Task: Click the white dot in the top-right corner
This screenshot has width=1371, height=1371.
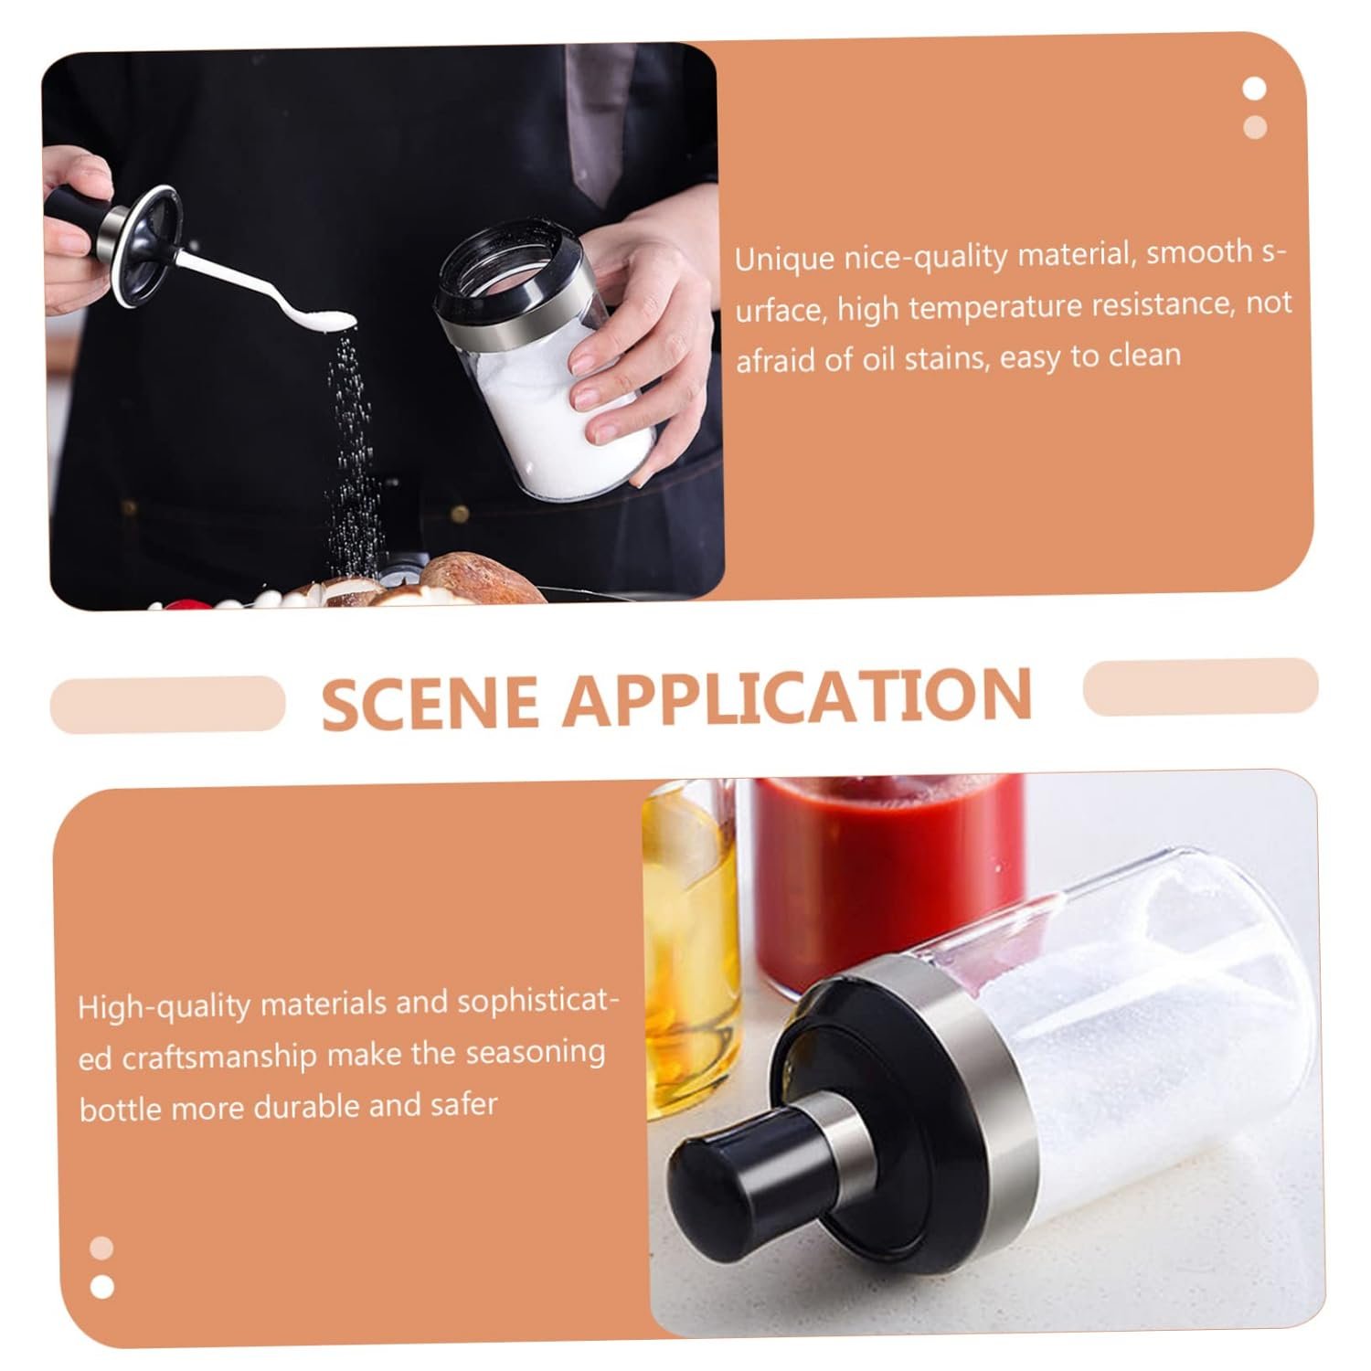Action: (x=1255, y=89)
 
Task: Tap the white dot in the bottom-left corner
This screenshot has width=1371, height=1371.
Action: (x=102, y=1286)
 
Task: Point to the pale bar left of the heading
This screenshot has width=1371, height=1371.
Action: (x=167, y=704)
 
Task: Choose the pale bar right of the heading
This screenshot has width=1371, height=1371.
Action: (x=1201, y=686)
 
